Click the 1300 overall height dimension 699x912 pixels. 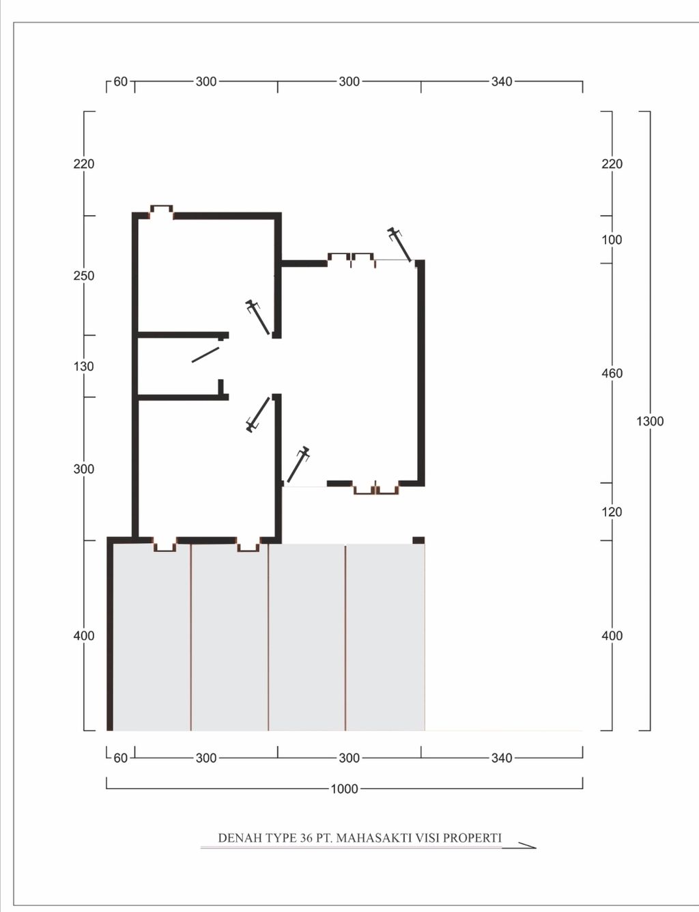[650, 421]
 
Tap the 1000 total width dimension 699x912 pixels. [344, 789]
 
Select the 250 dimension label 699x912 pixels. [84, 276]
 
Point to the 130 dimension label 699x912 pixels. [84, 366]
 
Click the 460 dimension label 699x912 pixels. [612, 373]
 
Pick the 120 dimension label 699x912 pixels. [612, 512]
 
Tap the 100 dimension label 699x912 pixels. [612, 240]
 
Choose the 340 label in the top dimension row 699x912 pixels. [502, 81]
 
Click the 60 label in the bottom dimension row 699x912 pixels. [120, 758]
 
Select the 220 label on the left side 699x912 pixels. [84, 164]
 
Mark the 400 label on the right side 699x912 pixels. [612, 636]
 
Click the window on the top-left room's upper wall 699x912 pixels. [162, 210]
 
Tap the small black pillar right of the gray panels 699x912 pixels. [418, 540]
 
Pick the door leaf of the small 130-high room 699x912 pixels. [205, 355]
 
